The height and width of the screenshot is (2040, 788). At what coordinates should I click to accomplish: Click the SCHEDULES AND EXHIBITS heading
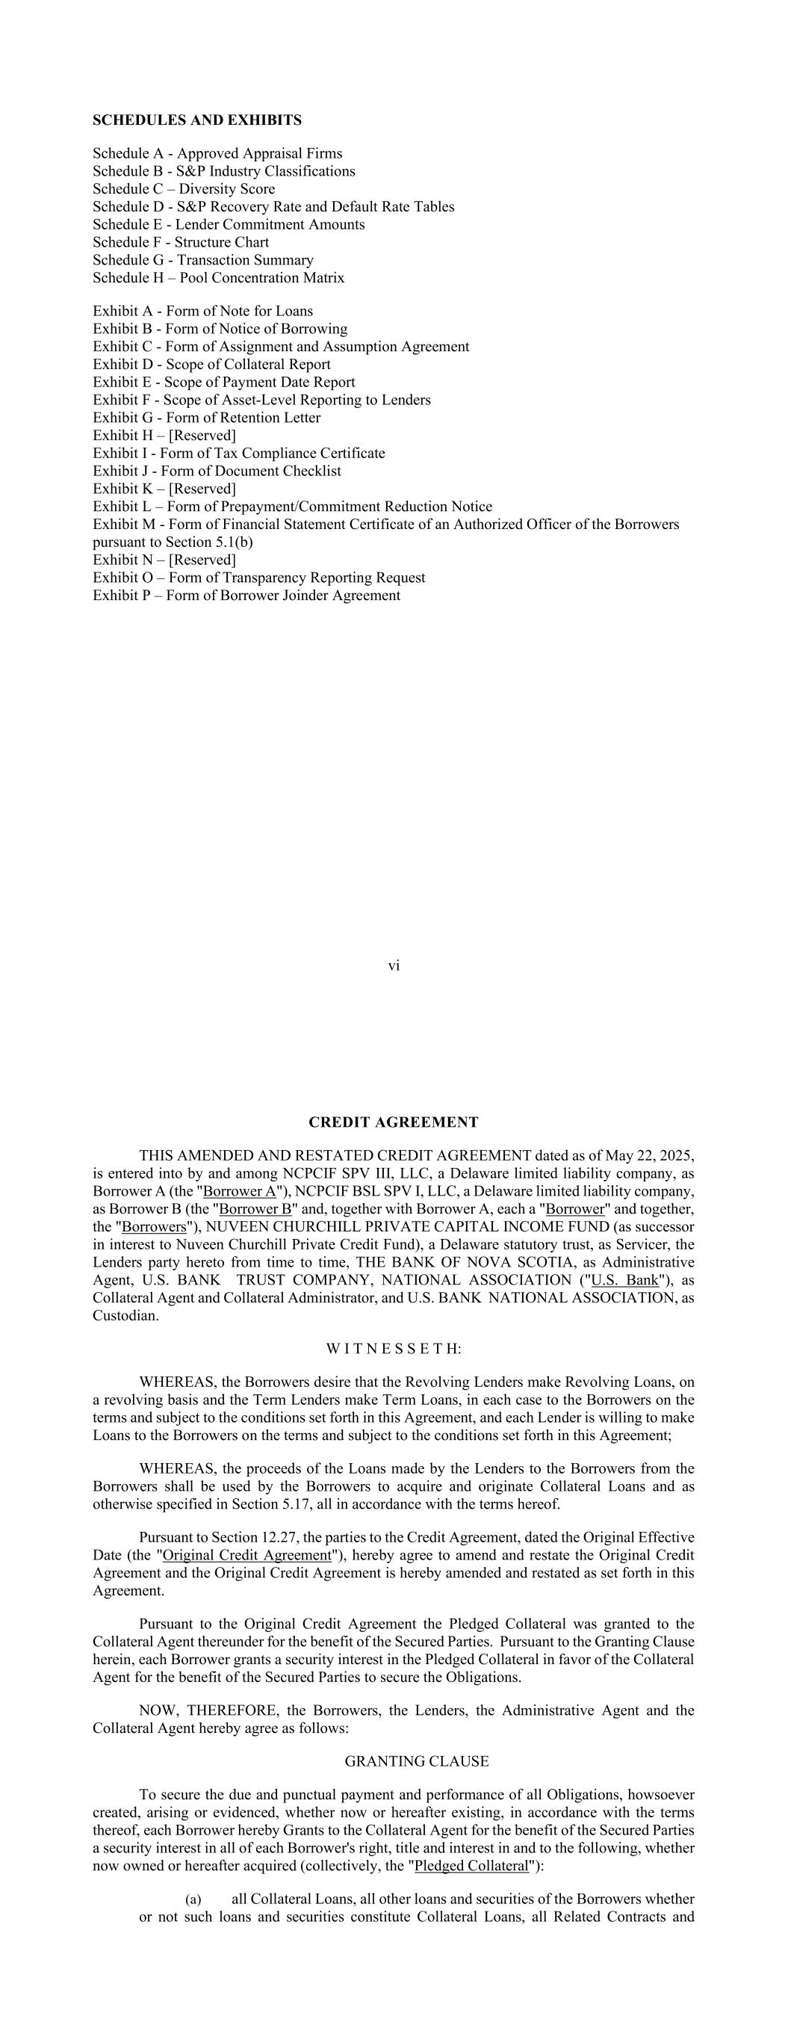[196, 120]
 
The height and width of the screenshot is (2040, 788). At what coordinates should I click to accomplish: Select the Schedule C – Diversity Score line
[184, 189]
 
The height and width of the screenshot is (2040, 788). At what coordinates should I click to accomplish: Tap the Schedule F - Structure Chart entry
[181, 242]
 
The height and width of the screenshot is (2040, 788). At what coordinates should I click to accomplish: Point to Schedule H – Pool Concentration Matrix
[219, 278]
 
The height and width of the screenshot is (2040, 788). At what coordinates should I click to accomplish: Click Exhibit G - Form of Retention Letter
[207, 418]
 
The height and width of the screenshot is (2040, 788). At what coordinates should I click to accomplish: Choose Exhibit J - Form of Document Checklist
[217, 472]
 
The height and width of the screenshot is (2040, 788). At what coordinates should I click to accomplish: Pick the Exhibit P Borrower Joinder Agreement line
[246, 596]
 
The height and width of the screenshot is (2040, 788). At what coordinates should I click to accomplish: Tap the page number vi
[394, 965]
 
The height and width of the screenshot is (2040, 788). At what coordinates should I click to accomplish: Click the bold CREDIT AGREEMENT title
[394, 1122]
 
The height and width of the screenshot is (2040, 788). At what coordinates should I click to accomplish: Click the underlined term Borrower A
[239, 1191]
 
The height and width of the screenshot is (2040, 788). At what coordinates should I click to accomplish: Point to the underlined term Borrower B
[255, 1209]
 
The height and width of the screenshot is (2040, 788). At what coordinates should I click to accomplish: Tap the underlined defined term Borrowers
[154, 1227]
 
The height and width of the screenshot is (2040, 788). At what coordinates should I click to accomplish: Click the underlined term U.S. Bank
[625, 1280]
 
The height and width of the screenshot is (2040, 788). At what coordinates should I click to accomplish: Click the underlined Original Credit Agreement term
[246, 1554]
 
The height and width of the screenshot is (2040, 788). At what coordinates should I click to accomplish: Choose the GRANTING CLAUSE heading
[417, 1761]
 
